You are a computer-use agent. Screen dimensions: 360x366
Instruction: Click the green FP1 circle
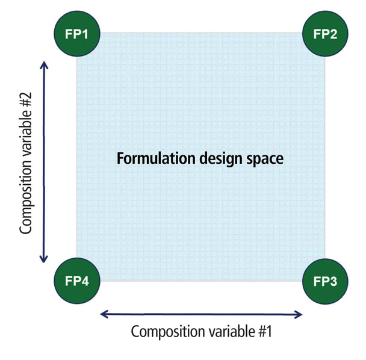click(x=76, y=34)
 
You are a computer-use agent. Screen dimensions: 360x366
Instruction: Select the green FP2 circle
click(x=325, y=33)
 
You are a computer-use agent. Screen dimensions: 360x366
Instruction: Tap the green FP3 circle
click(x=325, y=281)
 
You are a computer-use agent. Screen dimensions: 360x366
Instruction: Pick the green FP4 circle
click(x=76, y=281)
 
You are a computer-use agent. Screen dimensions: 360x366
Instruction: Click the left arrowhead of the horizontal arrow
click(x=104, y=314)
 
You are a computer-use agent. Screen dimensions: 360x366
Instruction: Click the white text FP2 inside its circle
click(x=325, y=33)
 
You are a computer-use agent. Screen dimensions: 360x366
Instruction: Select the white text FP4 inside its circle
click(x=76, y=281)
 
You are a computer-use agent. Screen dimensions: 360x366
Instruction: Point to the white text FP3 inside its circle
click(x=325, y=281)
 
